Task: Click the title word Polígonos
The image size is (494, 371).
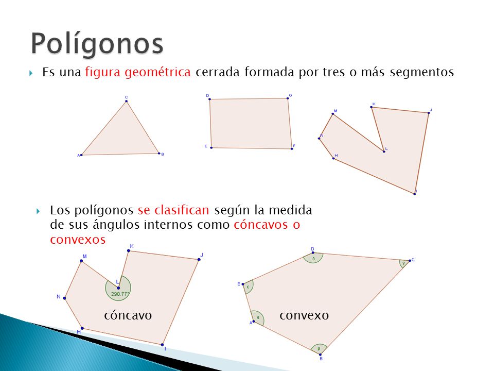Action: coord(97,43)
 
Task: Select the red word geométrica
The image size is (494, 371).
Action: coord(158,73)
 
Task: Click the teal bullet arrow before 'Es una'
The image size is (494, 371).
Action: coord(32,73)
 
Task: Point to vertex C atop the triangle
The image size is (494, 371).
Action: coord(126,102)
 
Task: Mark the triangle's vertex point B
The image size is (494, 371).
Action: coord(158,153)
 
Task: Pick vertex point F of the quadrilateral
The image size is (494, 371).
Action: coord(291,148)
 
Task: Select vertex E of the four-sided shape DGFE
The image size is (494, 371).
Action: coord(211,148)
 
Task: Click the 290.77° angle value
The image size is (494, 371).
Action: coord(119,293)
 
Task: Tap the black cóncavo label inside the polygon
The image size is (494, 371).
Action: coord(128,315)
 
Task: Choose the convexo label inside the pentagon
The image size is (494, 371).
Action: coord(304,315)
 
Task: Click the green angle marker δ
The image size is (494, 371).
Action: coord(313,258)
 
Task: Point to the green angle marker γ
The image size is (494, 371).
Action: coord(404,263)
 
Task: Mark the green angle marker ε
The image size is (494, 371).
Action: coord(248,286)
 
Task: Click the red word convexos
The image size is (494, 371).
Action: coord(78,240)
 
